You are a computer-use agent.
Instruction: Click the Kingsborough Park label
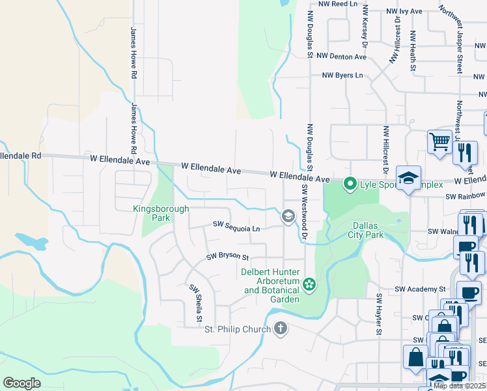(161, 214)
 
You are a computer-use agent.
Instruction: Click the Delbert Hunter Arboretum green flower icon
(309, 283)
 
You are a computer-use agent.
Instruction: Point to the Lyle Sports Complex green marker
(350, 184)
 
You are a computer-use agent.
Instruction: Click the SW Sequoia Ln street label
(236, 225)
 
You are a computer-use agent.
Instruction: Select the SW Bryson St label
(228, 257)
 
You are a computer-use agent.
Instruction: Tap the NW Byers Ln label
(342, 76)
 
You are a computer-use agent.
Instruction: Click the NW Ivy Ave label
(404, 11)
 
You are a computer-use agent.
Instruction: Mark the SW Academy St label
(419, 288)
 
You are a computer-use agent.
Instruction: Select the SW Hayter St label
(378, 315)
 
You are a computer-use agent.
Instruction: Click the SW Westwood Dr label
(303, 211)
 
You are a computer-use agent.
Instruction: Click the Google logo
(21, 383)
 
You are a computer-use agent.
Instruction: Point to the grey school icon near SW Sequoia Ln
(287, 216)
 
